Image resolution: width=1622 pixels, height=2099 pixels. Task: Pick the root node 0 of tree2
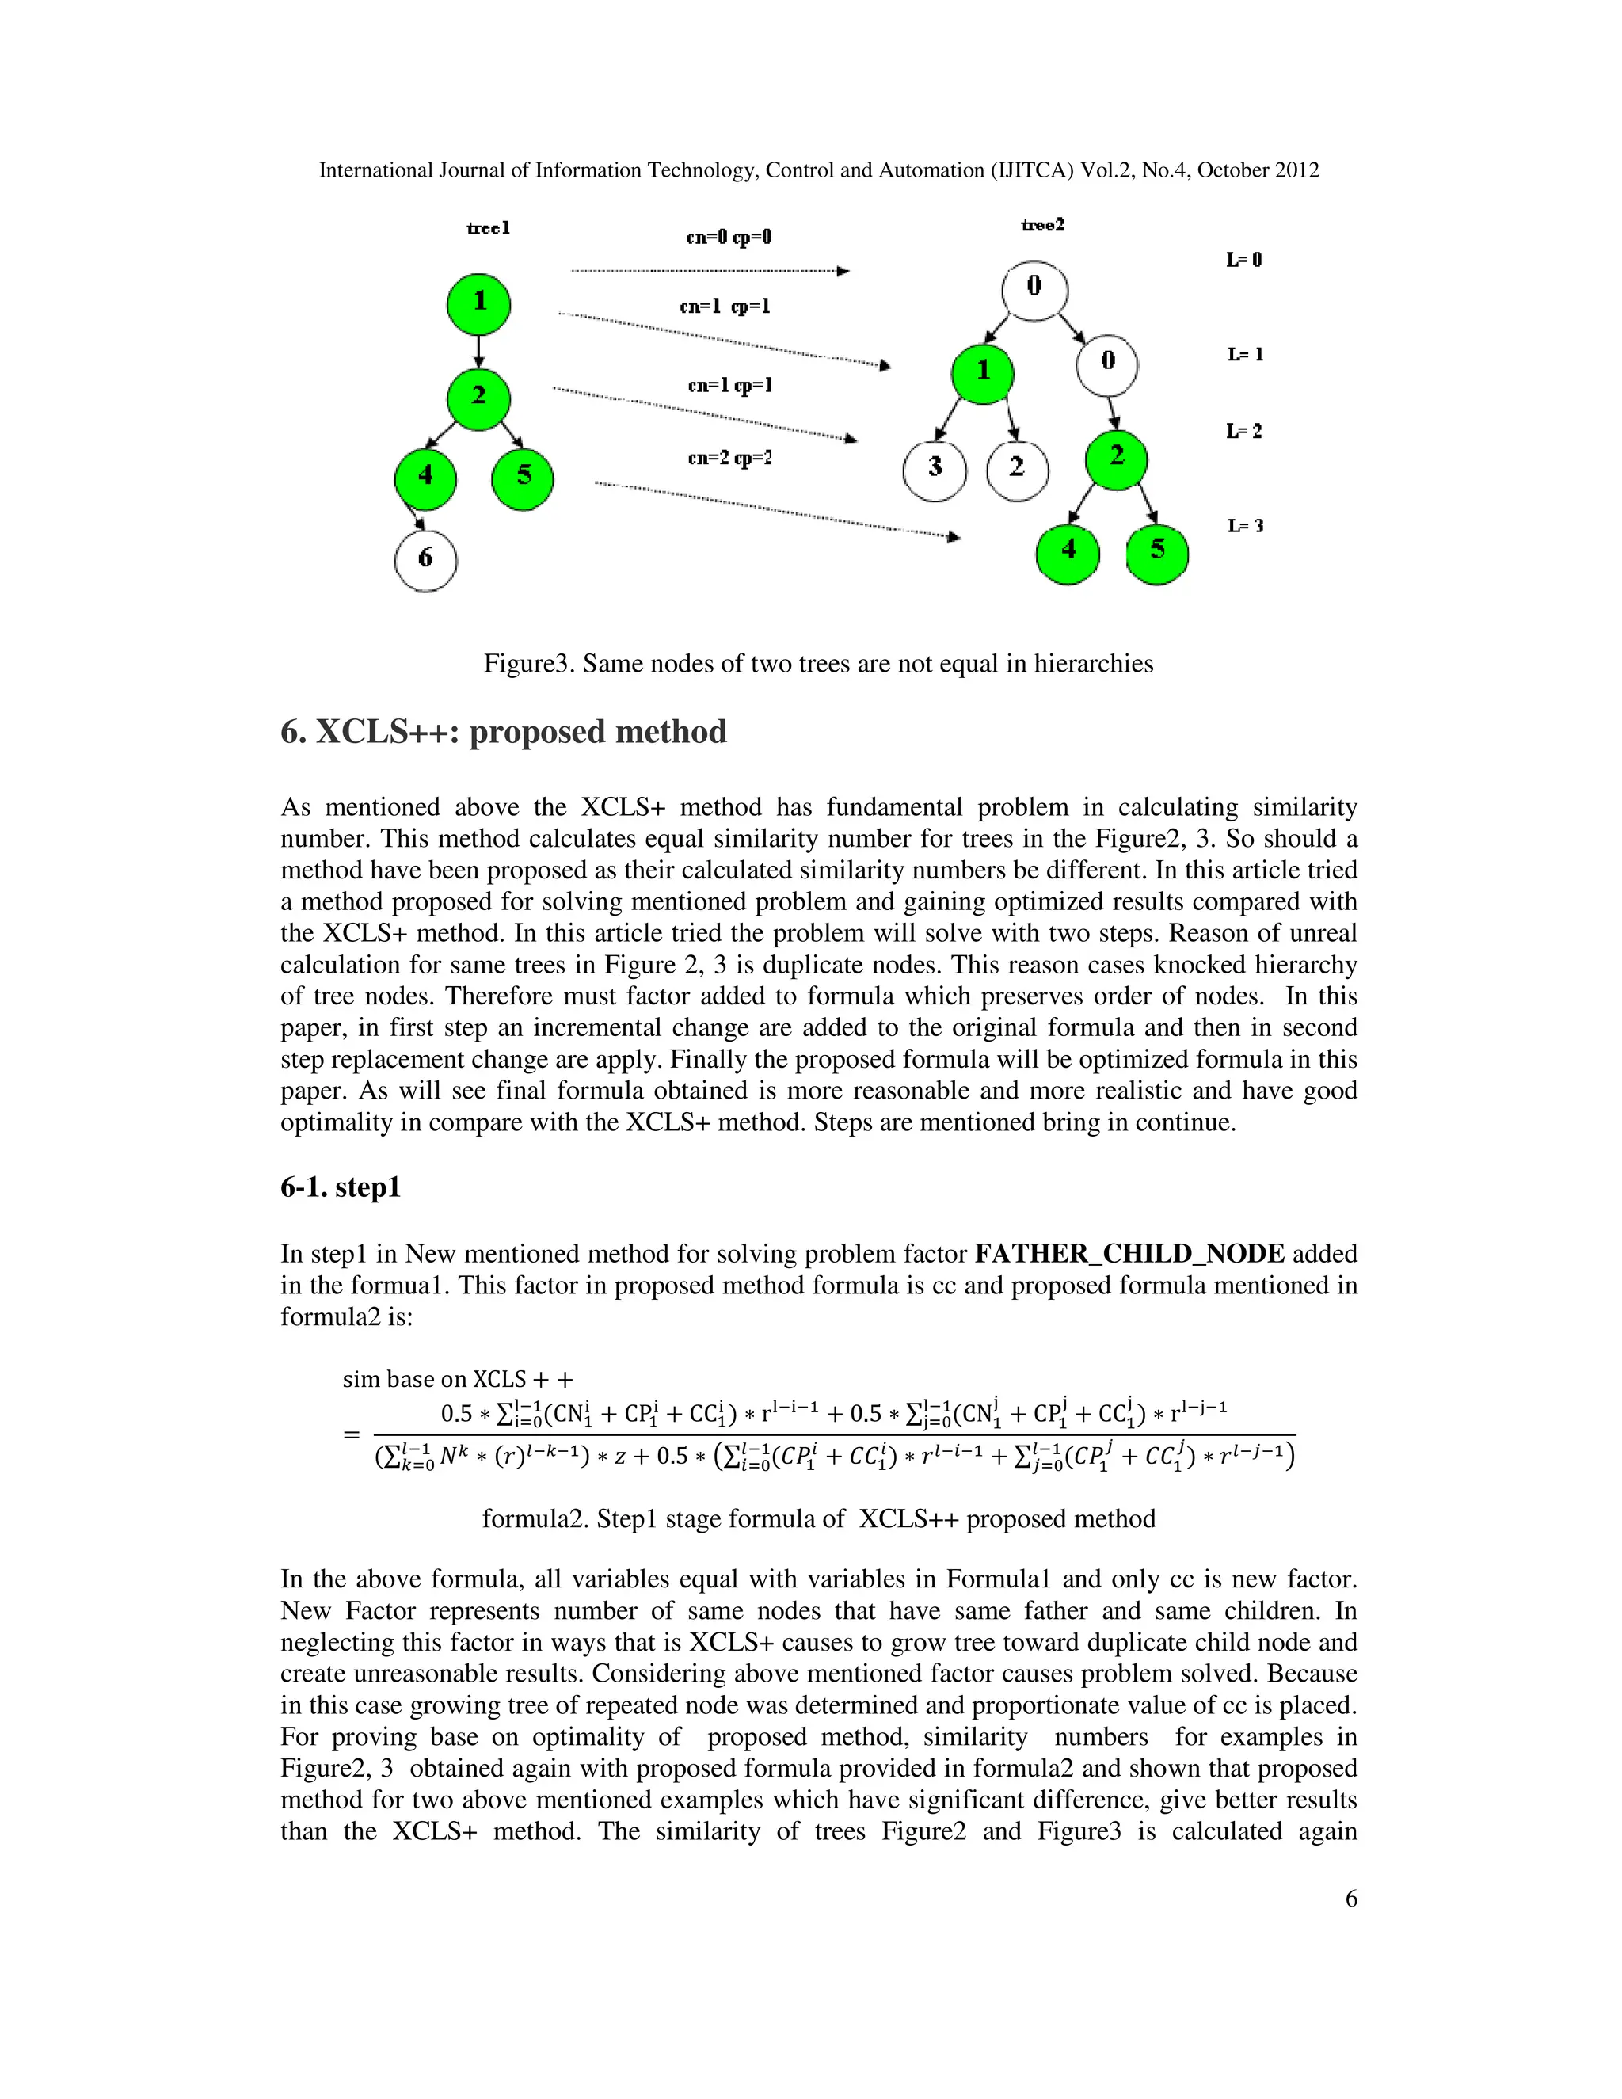click(x=1034, y=288)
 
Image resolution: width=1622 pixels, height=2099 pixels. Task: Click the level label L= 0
click(x=1243, y=261)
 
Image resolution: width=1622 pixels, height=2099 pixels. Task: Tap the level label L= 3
click(x=1244, y=526)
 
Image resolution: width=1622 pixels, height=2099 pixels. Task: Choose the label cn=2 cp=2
click(x=729, y=459)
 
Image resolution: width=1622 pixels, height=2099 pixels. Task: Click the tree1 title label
click(x=488, y=229)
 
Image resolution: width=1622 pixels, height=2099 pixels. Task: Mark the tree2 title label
click(x=1041, y=225)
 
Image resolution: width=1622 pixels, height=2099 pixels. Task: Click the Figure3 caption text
click(x=817, y=663)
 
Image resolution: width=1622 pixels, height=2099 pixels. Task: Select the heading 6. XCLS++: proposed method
click(x=504, y=731)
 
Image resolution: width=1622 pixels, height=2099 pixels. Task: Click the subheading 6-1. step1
click(x=340, y=1187)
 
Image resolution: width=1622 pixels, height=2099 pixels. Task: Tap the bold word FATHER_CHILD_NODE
click(x=1129, y=1253)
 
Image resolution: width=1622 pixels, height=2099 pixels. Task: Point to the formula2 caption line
click(x=817, y=1518)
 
